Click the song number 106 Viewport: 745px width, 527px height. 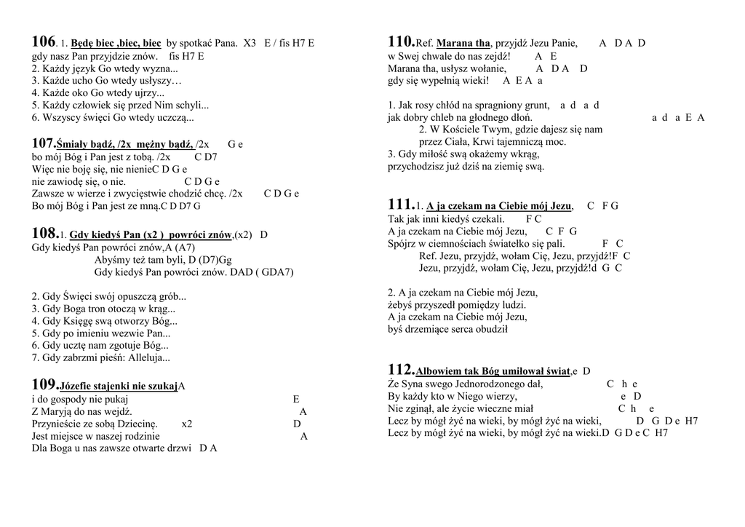point(44,41)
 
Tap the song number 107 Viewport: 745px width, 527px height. point(44,143)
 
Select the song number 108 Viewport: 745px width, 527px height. point(44,234)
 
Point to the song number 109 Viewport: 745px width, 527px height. point(44,384)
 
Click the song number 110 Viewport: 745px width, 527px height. point(400,41)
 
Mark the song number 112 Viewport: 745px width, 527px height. point(400,370)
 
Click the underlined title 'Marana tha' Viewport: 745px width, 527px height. point(463,44)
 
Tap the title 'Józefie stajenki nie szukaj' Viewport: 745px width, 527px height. point(119,386)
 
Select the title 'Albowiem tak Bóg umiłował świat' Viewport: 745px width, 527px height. point(493,371)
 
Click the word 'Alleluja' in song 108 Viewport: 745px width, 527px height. point(148,358)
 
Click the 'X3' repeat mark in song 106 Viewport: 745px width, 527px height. point(250,44)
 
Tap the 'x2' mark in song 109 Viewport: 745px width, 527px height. point(187,424)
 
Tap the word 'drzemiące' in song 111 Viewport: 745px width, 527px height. point(426,329)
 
